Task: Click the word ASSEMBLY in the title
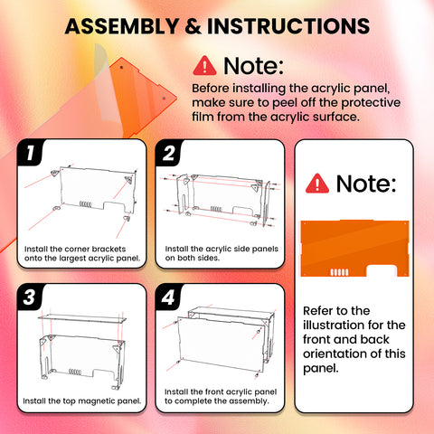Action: coord(122,26)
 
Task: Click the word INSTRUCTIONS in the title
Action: coord(288,26)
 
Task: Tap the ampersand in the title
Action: coord(193,26)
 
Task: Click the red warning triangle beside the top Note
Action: coord(204,65)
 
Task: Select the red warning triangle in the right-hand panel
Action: coord(317,184)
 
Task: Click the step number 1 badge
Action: coord(30,153)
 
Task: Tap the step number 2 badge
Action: coord(169,153)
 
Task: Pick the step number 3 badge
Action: coord(30,297)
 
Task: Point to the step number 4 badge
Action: coord(168,297)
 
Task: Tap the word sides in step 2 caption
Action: coord(209,258)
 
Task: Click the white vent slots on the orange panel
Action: coord(339,272)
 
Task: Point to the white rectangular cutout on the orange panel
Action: coord(381,270)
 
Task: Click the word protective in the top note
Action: coord(371,103)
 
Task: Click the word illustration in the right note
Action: coord(334,325)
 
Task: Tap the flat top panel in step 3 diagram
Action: coord(82,319)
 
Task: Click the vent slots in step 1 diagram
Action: coord(85,204)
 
